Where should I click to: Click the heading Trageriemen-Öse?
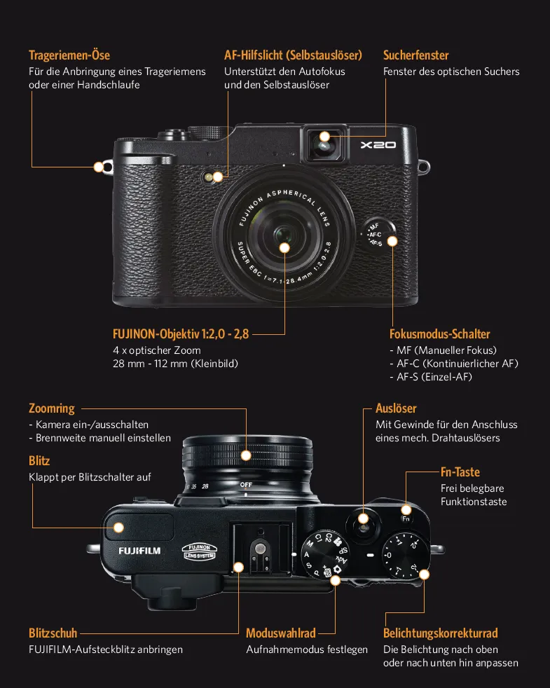pyautogui.click(x=69, y=55)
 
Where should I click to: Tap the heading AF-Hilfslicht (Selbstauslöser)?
pyautogui.click(x=293, y=55)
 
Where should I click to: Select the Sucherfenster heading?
pyautogui.click(x=415, y=55)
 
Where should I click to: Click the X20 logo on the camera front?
pyautogui.click(x=378, y=145)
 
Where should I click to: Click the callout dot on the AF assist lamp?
pyautogui.click(x=218, y=177)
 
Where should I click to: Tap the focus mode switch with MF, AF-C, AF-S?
pyautogui.click(x=378, y=234)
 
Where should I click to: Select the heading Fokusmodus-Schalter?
pyautogui.click(x=440, y=334)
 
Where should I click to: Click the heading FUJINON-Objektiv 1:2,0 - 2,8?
pyautogui.click(x=181, y=334)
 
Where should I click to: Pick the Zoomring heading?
pyautogui.click(x=52, y=408)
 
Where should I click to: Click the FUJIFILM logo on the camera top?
pyautogui.click(x=139, y=551)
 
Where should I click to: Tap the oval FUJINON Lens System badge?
pyautogui.click(x=200, y=552)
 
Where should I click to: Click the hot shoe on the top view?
pyautogui.click(x=261, y=549)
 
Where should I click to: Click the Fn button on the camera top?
pyautogui.click(x=406, y=518)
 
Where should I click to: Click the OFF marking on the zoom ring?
pyautogui.click(x=246, y=485)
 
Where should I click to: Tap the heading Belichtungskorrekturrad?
pyautogui.click(x=440, y=633)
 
